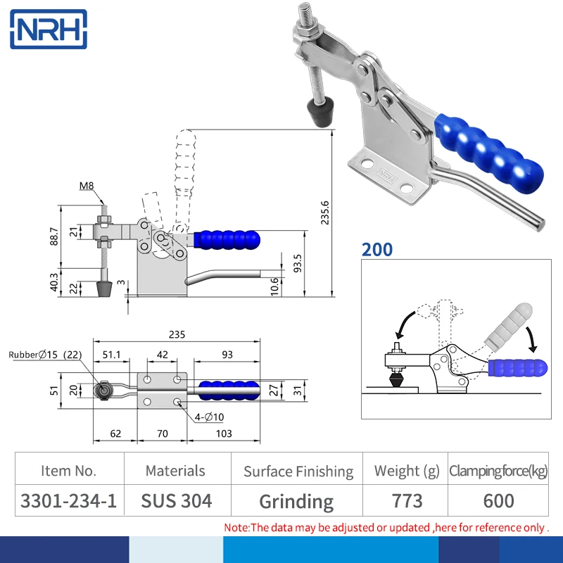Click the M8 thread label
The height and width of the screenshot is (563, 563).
87,186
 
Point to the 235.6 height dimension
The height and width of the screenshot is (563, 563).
324,211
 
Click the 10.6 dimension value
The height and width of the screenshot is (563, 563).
274,285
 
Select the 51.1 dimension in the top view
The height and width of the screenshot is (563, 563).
113,354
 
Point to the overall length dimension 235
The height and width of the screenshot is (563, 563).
177,334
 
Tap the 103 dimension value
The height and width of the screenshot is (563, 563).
223,434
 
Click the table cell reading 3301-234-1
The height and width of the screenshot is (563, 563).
69,501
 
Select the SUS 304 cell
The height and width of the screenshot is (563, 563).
176,501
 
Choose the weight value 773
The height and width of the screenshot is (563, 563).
407,501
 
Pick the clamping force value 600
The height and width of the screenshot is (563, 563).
498,501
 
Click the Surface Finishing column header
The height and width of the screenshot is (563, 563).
298,471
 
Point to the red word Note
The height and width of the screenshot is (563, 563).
236,527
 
